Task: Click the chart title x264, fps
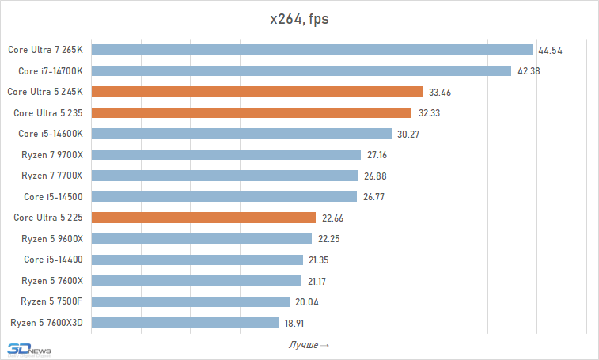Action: pos(299,19)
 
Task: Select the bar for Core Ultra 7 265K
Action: pos(313,50)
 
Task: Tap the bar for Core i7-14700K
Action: pos(301,70)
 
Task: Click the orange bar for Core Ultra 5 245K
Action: pos(257,92)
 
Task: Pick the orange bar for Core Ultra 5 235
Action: pos(252,112)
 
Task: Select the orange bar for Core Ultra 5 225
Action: pos(204,218)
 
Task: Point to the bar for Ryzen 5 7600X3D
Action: pos(185,322)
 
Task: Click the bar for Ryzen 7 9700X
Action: pos(226,154)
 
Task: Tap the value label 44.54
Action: pos(550,51)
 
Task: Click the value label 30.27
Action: pos(408,134)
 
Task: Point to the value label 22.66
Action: pos(332,218)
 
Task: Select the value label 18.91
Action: pos(295,323)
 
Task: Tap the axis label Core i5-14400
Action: pos(53,260)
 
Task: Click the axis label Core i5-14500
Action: pos(53,196)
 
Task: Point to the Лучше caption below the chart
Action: pos(309,346)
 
